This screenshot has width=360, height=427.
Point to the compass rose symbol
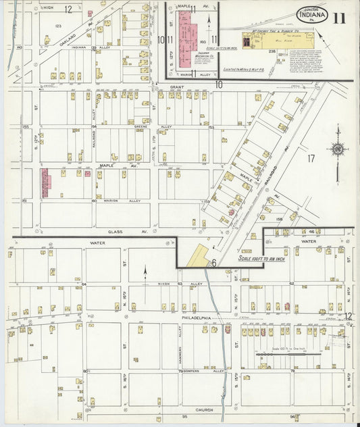pyautogui.click(x=337, y=149)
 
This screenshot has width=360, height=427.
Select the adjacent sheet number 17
pyautogui.click(x=311, y=159)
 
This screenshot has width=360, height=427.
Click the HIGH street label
pyautogui.click(x=47, y=8)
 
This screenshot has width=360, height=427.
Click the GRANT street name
pyautogui.click(x=177, y=87)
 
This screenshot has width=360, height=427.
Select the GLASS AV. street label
pyautogui.click(x=139, y=231)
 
